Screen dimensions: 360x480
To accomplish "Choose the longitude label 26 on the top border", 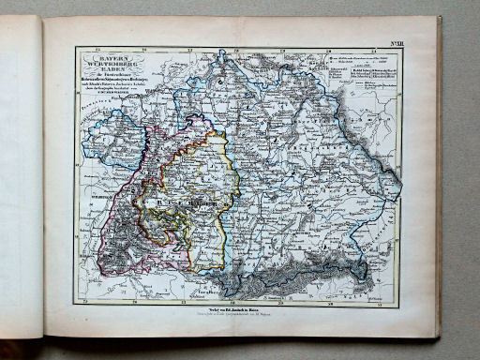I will pyautogui.click(x=142, y=50).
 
